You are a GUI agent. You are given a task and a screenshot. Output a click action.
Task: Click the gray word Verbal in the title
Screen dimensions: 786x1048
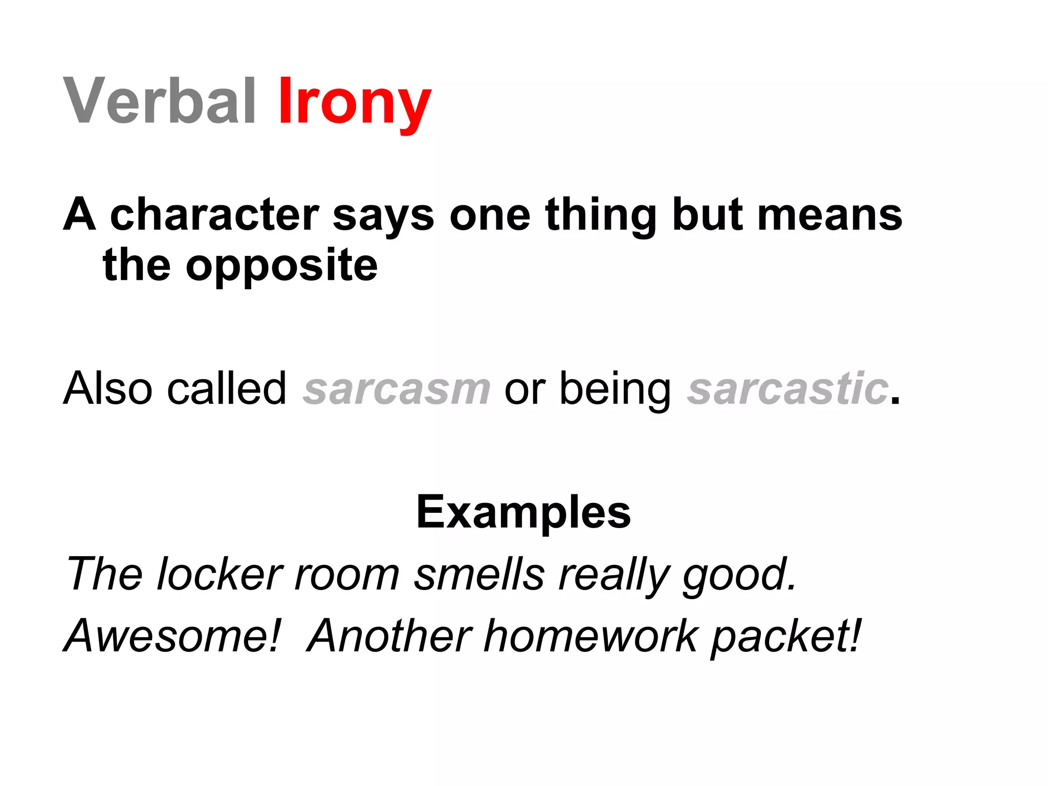click(x=159, y=101)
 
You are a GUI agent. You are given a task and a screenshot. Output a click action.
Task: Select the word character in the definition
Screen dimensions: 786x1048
click(x=214, y=214)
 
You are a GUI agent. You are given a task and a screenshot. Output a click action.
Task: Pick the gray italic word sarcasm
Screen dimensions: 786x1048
click(x=397, y=389)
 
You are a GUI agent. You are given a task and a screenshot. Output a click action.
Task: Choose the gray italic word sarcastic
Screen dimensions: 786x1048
click(x=788, y=389)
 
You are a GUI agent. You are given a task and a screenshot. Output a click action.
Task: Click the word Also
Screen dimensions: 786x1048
click(x=108, y=389)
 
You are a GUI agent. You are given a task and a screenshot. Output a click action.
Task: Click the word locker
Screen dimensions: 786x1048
click(x=220, y=574)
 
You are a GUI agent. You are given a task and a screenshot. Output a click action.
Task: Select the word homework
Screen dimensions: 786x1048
click(x=591, y=636)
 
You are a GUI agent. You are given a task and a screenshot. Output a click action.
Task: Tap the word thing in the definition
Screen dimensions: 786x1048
click(x=600, y=215)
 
